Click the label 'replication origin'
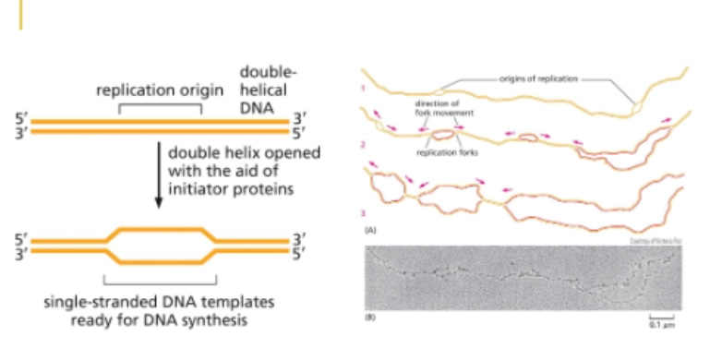[x=161, y=91]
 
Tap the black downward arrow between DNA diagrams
[x=159, y=172]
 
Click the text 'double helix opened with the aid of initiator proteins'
[x=244, y=171]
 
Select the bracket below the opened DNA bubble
[x=160, y=277]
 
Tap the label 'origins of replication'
[x=538, y=79]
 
